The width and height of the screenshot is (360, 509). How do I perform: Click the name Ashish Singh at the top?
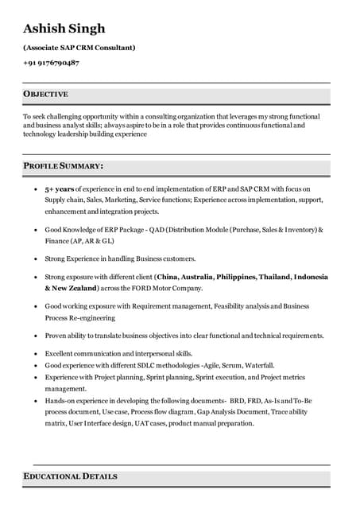click(64, 29)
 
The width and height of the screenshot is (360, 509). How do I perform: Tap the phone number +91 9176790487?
click(51, 62)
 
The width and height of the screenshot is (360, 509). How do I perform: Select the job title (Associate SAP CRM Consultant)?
click(79, 47)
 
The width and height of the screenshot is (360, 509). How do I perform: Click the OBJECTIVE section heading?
click(45, 95)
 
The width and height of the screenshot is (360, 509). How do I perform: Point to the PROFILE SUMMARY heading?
click(63, 166)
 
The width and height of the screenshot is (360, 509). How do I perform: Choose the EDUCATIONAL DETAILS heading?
click(70, 476)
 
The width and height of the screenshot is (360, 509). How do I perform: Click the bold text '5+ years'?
click(59, 189)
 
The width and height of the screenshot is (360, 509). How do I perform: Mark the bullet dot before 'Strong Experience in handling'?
click(35, 259)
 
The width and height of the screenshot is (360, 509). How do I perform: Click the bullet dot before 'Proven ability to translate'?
click(35, 336)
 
